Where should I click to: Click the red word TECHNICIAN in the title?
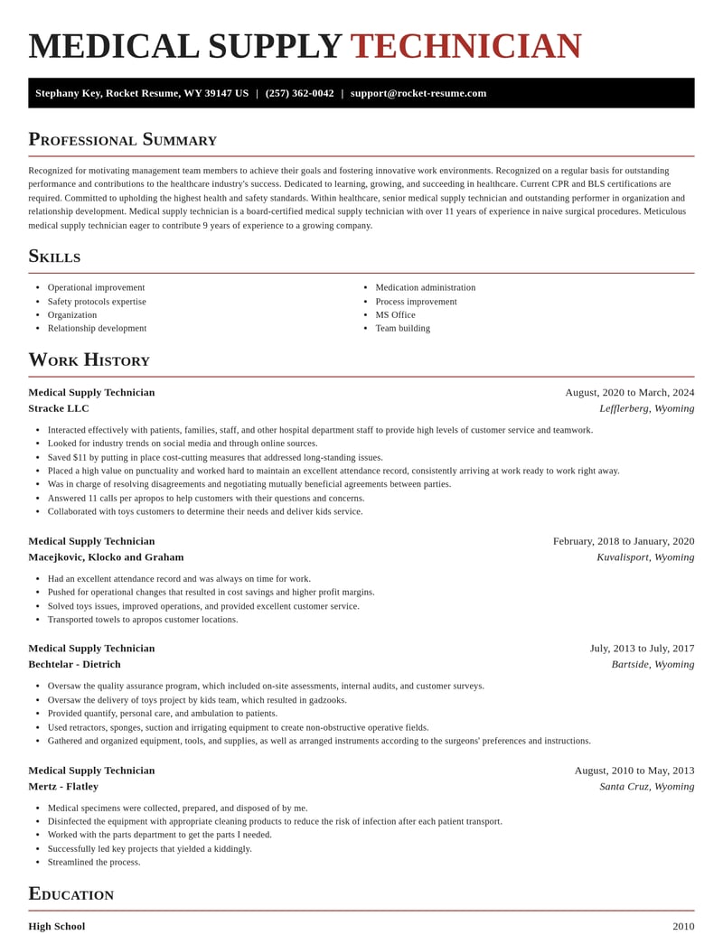[465, 46]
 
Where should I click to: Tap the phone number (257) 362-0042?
[299, 93]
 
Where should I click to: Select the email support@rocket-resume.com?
[418, 93]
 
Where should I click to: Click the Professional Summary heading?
[122, 139]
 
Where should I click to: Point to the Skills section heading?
[54, 256]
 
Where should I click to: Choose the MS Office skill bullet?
[395, 314]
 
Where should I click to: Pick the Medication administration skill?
[425, 287]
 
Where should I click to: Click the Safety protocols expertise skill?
[97, 301]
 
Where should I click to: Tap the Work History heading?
[89, 360]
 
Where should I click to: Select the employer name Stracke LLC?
[59, 408]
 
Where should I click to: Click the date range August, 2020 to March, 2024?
[629, 392]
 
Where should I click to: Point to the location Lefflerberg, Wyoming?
[646, 408]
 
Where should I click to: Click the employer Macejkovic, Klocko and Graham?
[106, 556]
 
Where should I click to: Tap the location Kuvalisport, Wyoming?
[645, 556]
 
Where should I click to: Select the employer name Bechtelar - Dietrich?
[74, 664]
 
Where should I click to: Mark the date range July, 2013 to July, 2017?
[642, 648]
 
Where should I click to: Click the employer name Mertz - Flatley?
[63, 786]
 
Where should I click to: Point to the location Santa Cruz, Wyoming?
[646, 786]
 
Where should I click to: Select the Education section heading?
[70, 893]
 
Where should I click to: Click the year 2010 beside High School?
[683, 926]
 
